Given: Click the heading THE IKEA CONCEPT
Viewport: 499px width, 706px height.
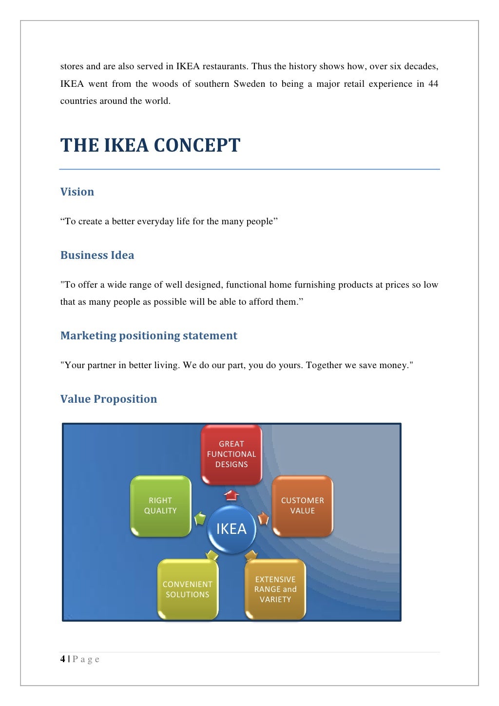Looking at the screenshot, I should (x=150, y=145).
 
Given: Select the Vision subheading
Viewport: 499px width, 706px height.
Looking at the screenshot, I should (x=77, y=192).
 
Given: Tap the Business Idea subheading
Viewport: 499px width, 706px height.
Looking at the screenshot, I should (x=97, y=255).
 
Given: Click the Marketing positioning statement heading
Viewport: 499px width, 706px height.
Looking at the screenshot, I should (x=149, y=335).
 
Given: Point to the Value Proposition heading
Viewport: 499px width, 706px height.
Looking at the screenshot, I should (x=109, y=399).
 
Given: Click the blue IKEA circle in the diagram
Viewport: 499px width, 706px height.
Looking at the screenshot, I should (x=231, y=529).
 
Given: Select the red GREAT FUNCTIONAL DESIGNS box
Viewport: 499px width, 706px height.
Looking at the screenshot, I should (x=231, y=454).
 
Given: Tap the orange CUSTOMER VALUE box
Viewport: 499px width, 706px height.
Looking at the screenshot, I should (x=303, y=506).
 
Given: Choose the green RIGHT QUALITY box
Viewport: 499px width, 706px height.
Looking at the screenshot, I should (x=160, y=506).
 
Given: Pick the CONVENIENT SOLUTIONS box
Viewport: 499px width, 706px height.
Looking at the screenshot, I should (x=188, y=589).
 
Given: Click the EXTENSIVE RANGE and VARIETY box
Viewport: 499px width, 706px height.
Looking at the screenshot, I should (x=275, y=589).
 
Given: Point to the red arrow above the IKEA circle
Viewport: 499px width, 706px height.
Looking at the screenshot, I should (x=231, y=495).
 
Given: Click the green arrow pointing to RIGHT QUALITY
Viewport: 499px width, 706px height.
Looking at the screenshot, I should (x=200, y=518).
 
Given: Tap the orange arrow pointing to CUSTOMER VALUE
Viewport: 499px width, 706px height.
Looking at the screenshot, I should (x=263, y=518).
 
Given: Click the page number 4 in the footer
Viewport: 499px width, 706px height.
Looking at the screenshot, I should (x=63, y=659).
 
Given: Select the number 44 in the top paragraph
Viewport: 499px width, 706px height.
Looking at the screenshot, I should (x=433, y=84).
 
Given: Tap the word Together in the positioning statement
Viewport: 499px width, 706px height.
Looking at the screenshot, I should (x=324, y=365).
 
